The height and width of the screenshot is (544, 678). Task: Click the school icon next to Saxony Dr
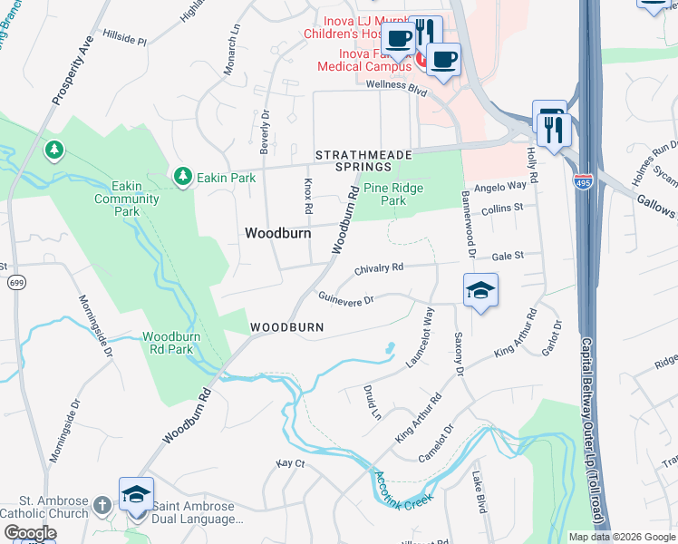tap(480, 290)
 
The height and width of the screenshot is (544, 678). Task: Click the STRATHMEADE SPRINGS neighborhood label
tap(354, 161)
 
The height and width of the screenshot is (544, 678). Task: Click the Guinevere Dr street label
tap(345, 298)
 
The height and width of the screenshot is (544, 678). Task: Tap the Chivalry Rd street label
tap(378, 268)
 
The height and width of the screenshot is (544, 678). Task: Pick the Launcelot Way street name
tap(421, 336)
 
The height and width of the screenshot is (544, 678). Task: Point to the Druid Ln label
tap(373, 402)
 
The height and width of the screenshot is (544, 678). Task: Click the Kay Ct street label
tap(291, 463)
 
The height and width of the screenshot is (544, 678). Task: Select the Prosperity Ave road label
tap(73, 70)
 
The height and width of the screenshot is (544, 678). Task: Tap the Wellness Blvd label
tap(396, 85)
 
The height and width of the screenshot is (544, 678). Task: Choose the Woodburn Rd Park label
tap(168, 343)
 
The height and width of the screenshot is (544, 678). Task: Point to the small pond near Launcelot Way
tap(389, 347)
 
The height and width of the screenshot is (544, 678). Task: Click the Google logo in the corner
tap(30, 533)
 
